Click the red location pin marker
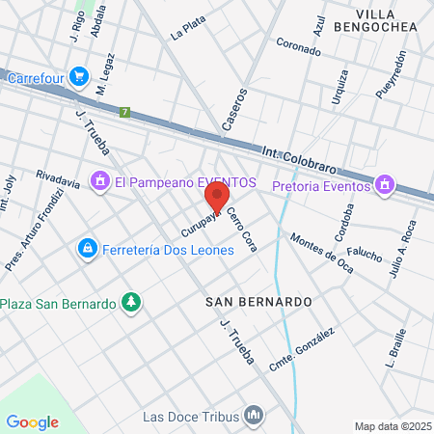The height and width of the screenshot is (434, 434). click(x=217, y=196)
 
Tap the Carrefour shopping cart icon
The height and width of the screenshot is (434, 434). click(x=79, y=74)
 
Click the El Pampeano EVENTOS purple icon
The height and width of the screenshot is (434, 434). click(x=99, y=181)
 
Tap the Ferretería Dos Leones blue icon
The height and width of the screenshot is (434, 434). click(x=88, y=250)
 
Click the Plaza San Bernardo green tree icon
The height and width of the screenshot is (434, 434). click(x=130, y=304)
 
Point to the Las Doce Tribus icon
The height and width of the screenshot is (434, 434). click(x=254, y=416)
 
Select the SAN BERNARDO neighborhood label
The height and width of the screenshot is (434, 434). click(x=259, y=302)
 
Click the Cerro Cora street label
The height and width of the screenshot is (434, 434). click(x=241, y=228)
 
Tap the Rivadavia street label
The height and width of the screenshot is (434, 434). click(x=57, y=177)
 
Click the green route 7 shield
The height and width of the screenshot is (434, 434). click(x=124, y=112)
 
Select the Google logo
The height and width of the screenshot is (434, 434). click(x=33, y=421)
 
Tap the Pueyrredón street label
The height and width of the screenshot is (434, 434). click(x=393, y=73)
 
